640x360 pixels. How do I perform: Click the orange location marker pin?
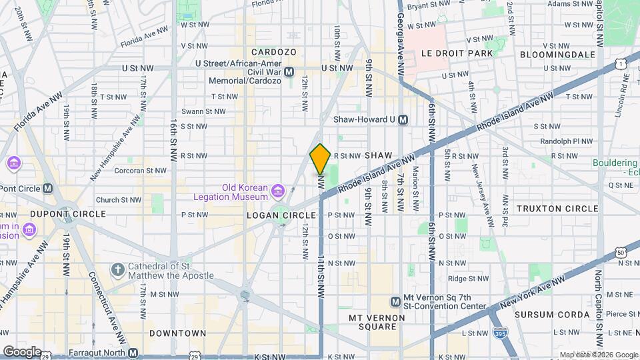[x=320, y=159]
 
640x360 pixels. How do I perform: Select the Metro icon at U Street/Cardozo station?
[x=289, y=72]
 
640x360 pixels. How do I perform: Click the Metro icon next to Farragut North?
[x=133, y=353]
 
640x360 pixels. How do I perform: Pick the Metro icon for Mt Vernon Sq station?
[x=395, y=301]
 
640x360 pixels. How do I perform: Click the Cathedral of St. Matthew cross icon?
[x=117, y=270]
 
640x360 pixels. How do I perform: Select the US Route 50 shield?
[x=621, y=252]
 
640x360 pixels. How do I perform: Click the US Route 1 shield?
[x=621, y=63]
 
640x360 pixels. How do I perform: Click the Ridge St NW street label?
[x=469, y=279]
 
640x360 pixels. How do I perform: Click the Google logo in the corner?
[x=22, y=351]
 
